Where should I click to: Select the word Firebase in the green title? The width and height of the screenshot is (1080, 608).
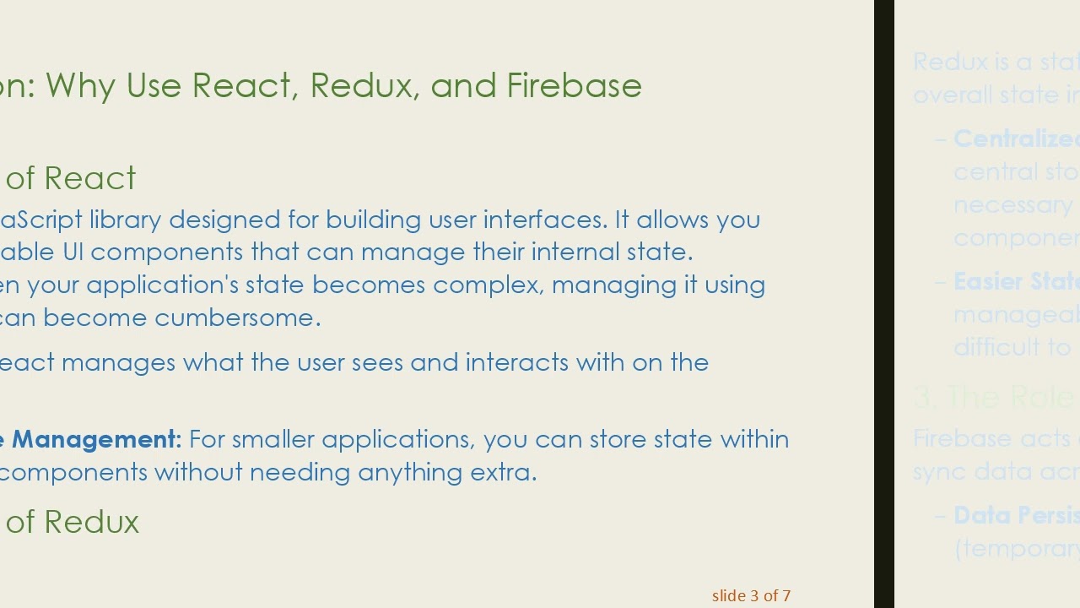574,85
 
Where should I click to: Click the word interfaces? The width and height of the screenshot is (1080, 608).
544,220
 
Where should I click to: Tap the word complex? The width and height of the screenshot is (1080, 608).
489,285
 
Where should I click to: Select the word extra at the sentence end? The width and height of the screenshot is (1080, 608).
504,471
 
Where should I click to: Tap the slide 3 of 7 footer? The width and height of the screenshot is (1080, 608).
751,595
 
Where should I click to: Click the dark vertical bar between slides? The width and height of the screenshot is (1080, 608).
883,304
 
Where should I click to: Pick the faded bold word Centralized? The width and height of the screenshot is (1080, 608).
1016,138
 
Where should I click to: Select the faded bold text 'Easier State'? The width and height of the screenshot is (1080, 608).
1016,281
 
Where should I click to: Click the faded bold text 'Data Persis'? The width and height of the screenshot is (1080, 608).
1016,515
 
